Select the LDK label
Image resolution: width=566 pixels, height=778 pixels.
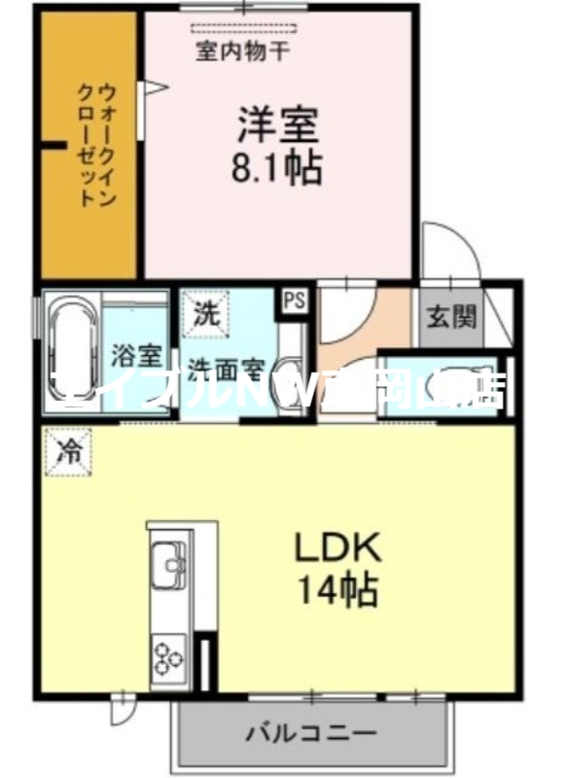click(337, 548)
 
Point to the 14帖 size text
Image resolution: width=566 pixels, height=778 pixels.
click(338, 589)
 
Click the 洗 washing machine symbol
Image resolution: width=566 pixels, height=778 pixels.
click(205, 315)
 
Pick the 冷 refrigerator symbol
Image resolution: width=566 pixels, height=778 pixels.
click(68, 452)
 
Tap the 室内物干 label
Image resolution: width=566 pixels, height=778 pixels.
click(241, 52)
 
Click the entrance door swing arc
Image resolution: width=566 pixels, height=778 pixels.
click(449, 248)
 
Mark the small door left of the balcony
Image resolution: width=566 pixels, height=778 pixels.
click(121, 711)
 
